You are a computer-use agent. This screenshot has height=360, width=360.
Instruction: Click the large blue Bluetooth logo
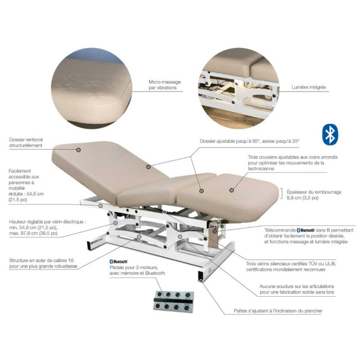[x=330, y=135]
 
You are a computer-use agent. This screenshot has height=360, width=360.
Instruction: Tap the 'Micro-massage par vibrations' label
[x=165, y=85]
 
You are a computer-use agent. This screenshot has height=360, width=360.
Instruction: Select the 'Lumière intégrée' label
[x=309, y=87]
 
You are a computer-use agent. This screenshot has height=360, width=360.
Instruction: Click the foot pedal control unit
[x=173, y=300]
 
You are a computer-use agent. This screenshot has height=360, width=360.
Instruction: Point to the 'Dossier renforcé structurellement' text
[x=26, y=142]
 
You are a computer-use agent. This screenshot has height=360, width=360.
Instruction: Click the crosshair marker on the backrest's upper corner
[x=79, y=150]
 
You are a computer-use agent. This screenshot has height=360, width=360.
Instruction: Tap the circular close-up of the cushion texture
[x=92, y=88]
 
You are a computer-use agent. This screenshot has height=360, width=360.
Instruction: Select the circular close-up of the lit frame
[x=239, y=88]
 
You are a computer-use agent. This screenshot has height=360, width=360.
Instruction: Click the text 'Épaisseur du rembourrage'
[x=314, y=192]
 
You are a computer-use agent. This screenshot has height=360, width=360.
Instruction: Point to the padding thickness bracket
[x=282, y=194]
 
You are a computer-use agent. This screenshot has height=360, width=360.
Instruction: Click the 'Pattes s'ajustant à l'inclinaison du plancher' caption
[x=278, y=311]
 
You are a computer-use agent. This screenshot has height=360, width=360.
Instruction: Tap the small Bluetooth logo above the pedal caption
[x=118, y=261]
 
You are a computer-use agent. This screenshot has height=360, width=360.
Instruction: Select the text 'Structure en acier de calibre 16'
[x=41, y=260]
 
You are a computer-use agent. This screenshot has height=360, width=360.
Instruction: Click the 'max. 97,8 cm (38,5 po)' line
[x=33, y=233]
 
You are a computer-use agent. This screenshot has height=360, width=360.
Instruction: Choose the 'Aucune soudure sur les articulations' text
[x=297, y=286]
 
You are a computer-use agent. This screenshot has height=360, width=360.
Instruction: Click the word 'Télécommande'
[x=280, y=230]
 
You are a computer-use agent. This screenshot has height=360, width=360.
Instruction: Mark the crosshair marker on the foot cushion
[x=231, y=190]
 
